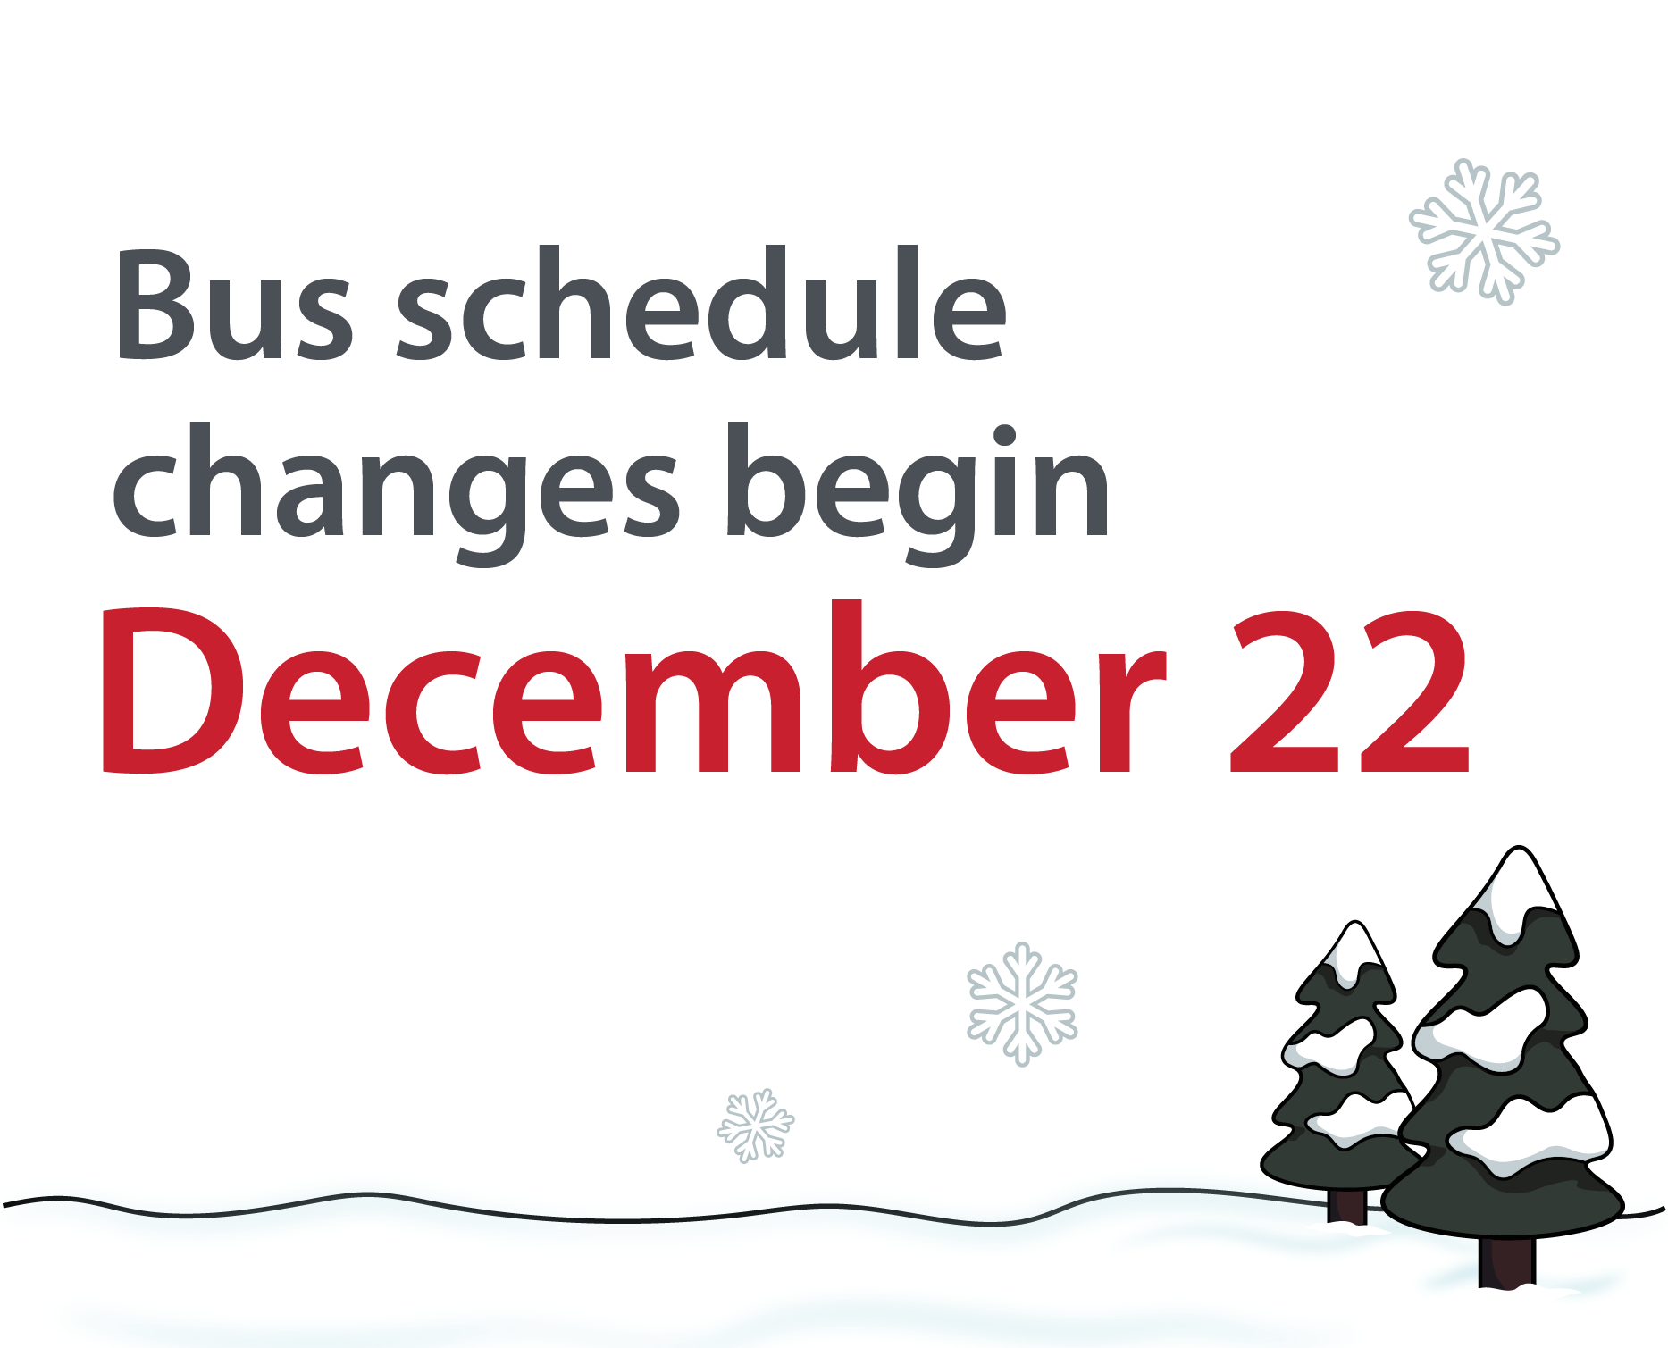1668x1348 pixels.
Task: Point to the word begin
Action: click(x=918, y=493)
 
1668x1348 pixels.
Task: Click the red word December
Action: click(x=634, y=686)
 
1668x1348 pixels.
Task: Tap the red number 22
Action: click(x=1350, y=691)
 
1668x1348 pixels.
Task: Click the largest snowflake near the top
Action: click(x=1484, y=231)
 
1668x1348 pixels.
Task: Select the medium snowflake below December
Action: click(x=1022, y=1003)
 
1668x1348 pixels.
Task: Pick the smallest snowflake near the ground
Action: click(x=756, y=1126)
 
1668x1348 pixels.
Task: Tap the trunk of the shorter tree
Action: click(x=1346, y=1206)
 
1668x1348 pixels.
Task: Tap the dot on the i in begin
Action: click(x=1005, y=436)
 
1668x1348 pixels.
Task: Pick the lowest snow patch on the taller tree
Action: click(x=1530, y=1134)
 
